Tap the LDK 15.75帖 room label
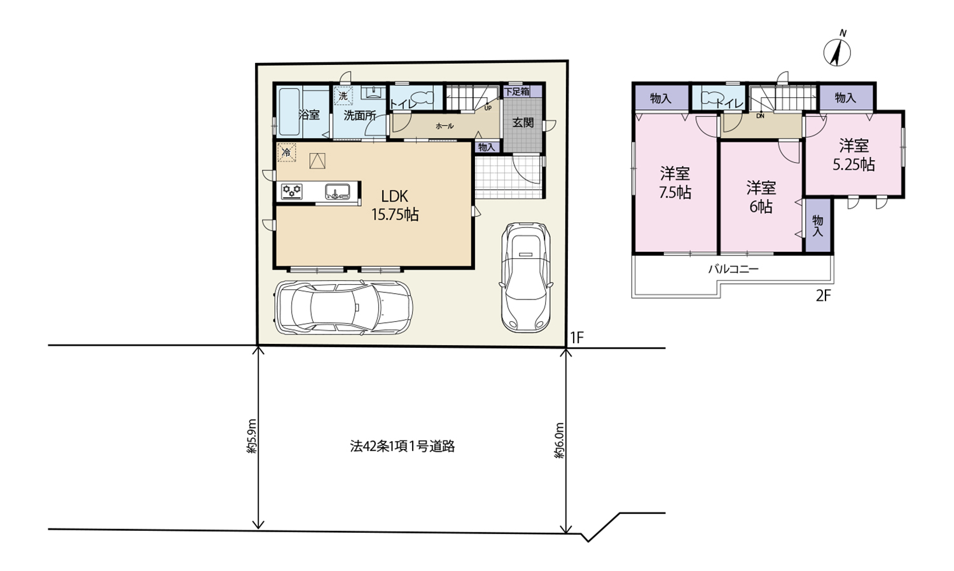[x=395, y=205]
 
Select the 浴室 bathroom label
[x=308, y=114]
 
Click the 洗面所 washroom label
[x=359, y=115]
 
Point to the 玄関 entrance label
[x=523, y=123]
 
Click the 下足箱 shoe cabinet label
[x=516, y=91]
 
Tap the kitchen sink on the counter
[x=338, y=191]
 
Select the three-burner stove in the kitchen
[x=292, y=191]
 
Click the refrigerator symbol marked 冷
[x=287, y=153]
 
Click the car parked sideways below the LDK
[x=343, y=306]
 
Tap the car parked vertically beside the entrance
[x=525, y=277]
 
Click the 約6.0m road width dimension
[x=559, y=440]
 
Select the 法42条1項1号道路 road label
[x=403, y=446]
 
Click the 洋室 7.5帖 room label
[x=675, y=183]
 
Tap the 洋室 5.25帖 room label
[x=854, y=155]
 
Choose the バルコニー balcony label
[x=733, y=269]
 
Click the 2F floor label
[x=823, y=295]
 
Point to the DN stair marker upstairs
[x=760, y=115]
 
